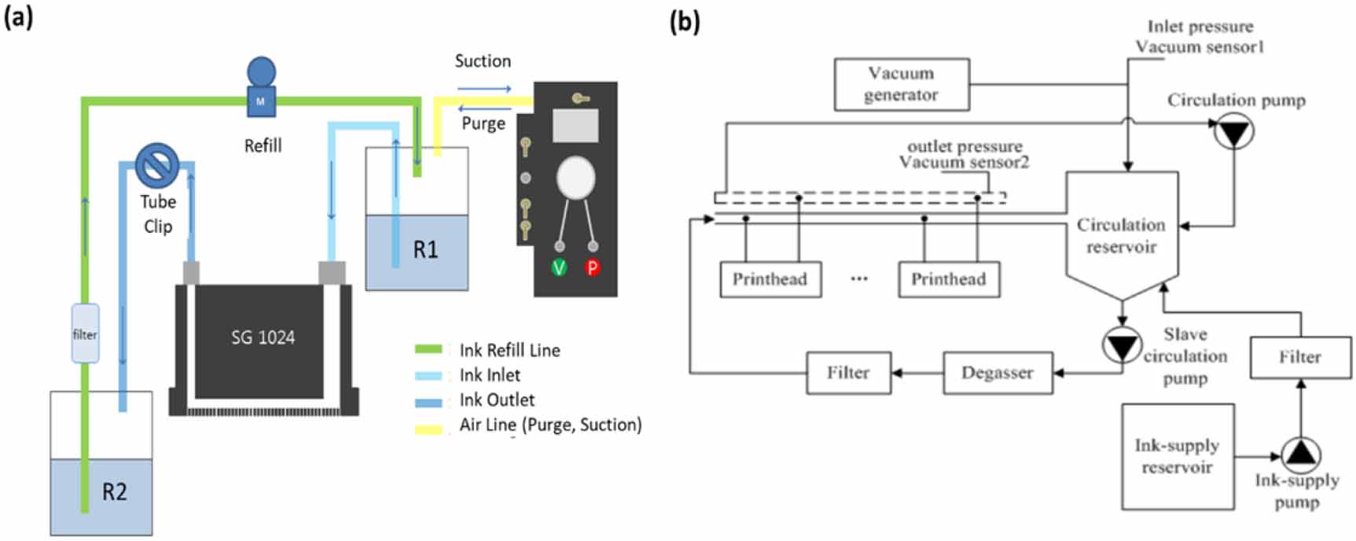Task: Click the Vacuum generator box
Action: tap(901, 84)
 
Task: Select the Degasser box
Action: tap(997, 373)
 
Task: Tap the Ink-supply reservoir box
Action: tap(1177, 457)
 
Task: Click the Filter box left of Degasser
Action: tap(848, 373)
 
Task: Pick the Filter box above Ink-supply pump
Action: tap(1299, 357)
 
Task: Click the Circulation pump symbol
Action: tap(1233, 133)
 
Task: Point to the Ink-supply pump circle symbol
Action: tap(1300, 454)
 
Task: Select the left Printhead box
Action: tap(770, 279)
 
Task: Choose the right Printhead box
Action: tap(949, 279)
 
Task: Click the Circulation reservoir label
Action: tap(1121, 235)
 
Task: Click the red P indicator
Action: tap(592, 267)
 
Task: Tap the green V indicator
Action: tap(559, 267)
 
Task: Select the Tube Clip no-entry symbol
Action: tap(157, 165)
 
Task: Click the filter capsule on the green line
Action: tap(85, 333)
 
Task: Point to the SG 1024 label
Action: tap(263, 337)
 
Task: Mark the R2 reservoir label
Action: tap(114, 492)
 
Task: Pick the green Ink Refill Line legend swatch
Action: tap(428, 349)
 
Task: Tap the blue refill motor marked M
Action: tap(261, 100)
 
